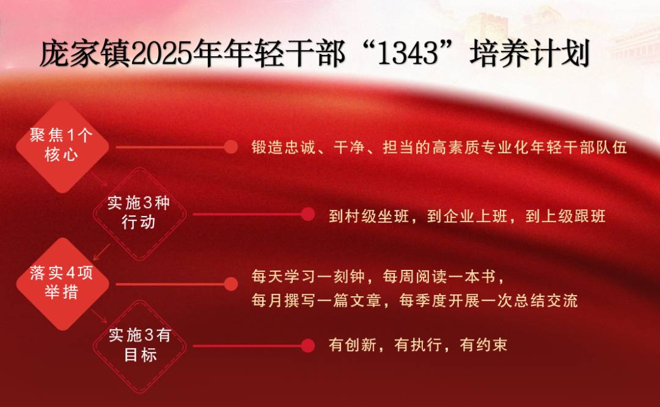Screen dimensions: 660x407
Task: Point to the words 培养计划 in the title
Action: [x=529, y=54]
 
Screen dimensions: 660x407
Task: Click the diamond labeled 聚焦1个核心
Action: [x=62, y=146]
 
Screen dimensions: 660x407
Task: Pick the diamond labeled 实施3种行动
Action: [x=139, y=214]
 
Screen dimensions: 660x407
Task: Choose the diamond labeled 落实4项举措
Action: [x=62, y=284]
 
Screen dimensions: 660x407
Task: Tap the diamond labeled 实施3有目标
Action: [x=139, y=346]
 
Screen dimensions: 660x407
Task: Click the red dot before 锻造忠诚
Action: [x=230, y=147]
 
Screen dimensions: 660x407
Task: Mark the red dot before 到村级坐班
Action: [x=308, y=214]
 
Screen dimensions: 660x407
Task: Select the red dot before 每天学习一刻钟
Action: [x=230, y=284]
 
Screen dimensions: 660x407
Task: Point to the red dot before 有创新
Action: [x=308, y=346]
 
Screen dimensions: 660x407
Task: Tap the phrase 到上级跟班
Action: [x=565, y=217]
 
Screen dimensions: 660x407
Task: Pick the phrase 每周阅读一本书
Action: [x=439, y=277]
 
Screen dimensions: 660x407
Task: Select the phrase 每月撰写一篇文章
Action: [x=317, y=301]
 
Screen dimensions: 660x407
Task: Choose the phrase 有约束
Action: [x=483, y=345]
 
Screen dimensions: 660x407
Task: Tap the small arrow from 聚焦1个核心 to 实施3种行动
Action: [x=100, y=179]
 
